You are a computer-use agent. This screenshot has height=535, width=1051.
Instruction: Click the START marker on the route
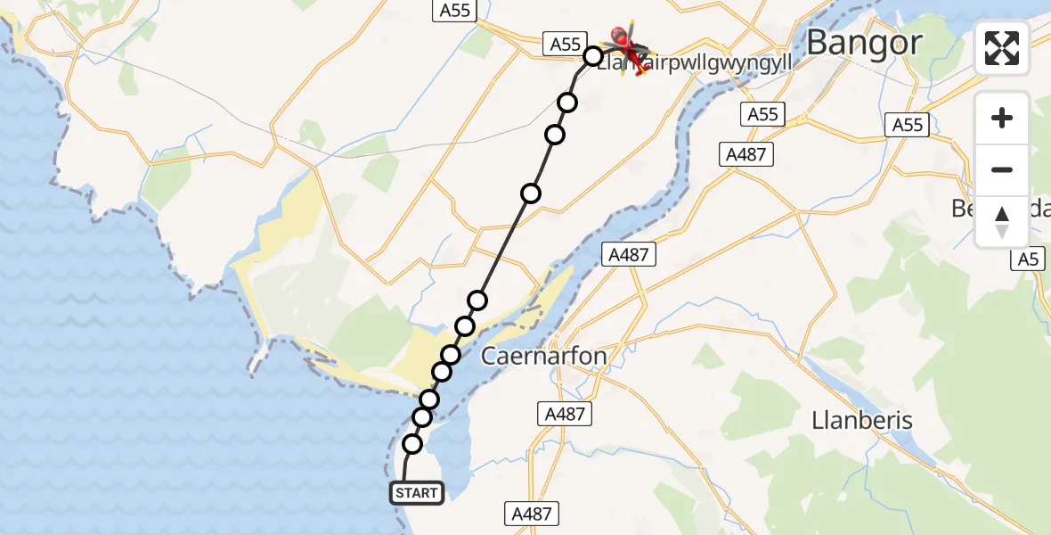pyautogui.click(x=416, y=492)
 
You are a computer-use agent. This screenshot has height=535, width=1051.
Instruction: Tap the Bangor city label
pyautogui.click(x=863, y=42)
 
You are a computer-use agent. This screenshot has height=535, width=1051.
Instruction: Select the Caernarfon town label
pyautogui.click(x=543, y=357)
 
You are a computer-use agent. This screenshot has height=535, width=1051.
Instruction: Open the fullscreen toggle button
pyautogui.click(x=1002, y=48)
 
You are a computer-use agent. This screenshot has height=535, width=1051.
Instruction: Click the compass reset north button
pyautogui.click(x=1002, y=222)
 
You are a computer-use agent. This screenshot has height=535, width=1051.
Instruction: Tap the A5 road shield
pyautogui.click(x=1029, y=259)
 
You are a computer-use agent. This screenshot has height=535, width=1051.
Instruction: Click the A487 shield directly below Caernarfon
pyautogui.click(x=564, y=414)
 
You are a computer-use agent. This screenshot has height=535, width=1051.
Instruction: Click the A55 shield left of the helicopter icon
pyautogui.click(x=565, y=44)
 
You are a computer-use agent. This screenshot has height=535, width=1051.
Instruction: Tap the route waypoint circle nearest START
pyautogui.click(x=412, y=444)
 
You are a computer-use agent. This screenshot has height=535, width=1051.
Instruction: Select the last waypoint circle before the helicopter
pyautogui.click(x=593, y=57)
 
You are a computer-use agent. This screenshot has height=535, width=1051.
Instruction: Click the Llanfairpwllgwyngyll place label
pyautogui.click(x=695, y=64)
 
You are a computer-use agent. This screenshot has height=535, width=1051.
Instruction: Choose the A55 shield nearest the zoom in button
pyautogui.click(x=908, y=126)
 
